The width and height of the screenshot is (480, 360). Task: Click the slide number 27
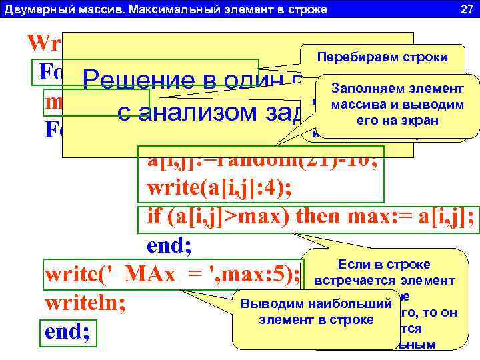(466, 9)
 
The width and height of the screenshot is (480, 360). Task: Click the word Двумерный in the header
(31, 9)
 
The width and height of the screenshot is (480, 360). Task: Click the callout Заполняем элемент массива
(389, 104)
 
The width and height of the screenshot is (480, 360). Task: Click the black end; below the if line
(169, 246)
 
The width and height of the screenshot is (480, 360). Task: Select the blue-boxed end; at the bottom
(67, 332)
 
